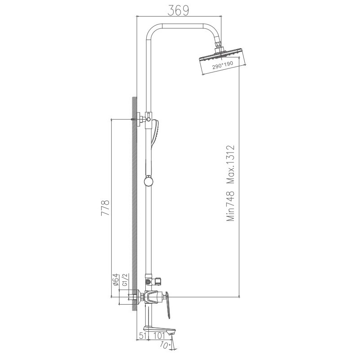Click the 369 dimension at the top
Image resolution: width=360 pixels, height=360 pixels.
(179, 9)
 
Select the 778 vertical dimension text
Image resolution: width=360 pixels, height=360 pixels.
(105, 209)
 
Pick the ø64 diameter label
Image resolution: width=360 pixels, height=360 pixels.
(115, 280)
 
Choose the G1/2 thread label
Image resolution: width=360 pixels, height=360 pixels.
(125, 280)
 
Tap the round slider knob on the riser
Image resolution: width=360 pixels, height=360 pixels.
(148, 181)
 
